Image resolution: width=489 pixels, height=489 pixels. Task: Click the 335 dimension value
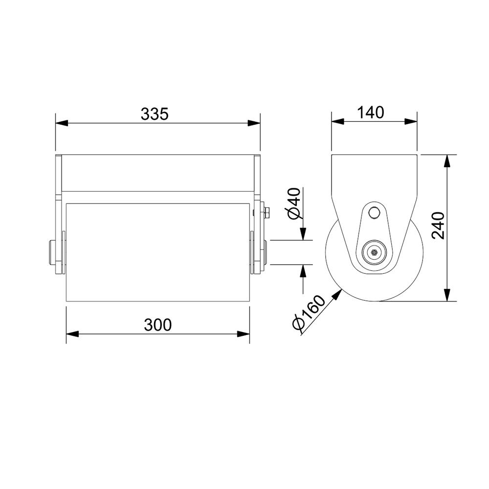(x=155, y=114)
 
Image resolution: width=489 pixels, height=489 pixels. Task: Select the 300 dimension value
(x=157, y=325)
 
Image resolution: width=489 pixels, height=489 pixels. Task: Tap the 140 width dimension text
(x=370, y=112)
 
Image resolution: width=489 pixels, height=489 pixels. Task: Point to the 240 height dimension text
(x=438, y=225)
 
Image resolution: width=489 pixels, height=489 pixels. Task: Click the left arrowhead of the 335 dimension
(x=62, y=123)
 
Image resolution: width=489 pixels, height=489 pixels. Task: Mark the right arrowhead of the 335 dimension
(x=254, y=123)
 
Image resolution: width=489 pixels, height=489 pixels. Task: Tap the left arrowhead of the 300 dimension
(x=72, y=333)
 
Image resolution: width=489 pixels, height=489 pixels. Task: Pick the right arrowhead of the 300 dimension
(x=243, y=333)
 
